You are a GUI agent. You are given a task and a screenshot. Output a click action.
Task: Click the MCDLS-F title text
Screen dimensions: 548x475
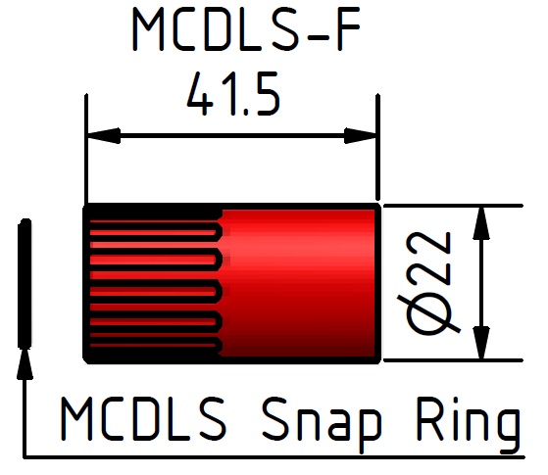(246, 29)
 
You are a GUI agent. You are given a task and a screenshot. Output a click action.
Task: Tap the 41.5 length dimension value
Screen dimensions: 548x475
(233, 94)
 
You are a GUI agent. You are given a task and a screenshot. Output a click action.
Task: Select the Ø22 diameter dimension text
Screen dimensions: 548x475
(428, 283)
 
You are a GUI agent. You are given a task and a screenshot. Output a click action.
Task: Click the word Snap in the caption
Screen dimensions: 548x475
(322, 424)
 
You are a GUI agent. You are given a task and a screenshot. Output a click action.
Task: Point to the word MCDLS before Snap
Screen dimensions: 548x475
(143, 419)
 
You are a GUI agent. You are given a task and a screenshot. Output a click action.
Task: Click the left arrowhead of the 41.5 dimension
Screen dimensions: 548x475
(104, 135)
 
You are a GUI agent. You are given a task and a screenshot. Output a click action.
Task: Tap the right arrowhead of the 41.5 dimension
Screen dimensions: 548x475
(361, 135)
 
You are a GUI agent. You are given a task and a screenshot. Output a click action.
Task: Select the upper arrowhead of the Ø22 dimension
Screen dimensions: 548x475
(481, 223)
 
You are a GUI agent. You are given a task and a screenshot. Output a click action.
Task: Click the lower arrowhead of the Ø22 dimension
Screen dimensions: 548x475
(481, 343)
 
